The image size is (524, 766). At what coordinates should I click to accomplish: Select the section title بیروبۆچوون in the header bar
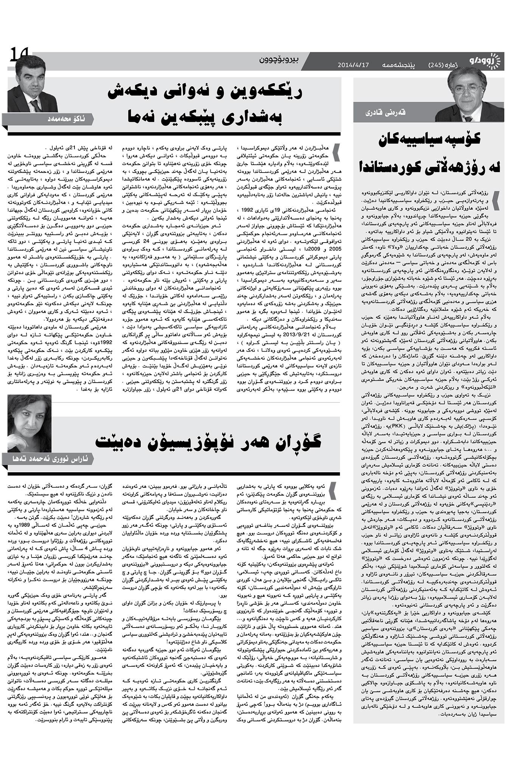(280, 59)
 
